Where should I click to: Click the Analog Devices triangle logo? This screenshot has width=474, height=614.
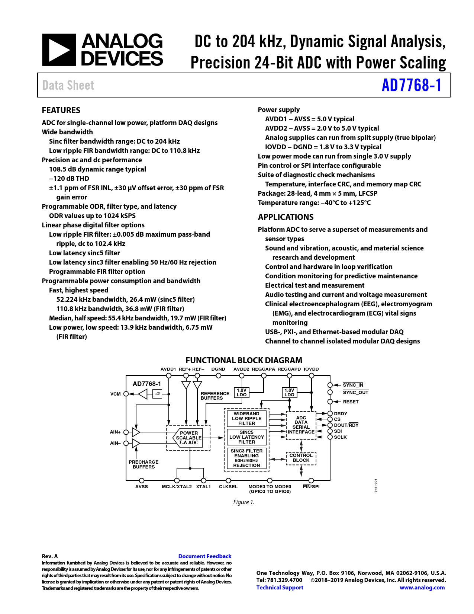[x=59, y=50]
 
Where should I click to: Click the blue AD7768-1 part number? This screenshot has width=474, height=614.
[x=411, y=85]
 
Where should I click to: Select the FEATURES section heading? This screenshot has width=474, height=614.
[x=61, y=110]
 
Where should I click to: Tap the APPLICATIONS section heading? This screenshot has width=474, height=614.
[x=286, y=217]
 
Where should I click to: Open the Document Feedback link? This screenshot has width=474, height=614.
[x=205, y=556]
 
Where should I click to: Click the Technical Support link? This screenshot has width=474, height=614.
[x=280, y=588]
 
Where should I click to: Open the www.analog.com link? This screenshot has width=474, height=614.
[x=422, y=588]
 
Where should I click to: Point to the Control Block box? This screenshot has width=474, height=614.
[x=301, y=458]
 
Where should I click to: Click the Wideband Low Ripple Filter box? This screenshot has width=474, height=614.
[x=246, y=419]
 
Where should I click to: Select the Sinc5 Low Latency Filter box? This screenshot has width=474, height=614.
[x=246, y=437]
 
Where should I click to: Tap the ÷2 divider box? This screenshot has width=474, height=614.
[x=157, y=394]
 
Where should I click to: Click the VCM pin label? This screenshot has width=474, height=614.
[x=116, y=394]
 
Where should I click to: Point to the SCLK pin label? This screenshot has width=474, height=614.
[x=340, y=437]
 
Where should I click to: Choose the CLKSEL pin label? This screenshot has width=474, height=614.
[x=228, y=487]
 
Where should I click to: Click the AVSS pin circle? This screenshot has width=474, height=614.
[x=142, y=481]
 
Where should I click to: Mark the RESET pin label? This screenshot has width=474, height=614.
[x=351, y=402]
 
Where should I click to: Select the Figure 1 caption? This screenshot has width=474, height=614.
[x=244, y=502]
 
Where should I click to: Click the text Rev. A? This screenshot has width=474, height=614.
[x=50, y=556]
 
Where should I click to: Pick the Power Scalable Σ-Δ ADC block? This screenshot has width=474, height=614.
[x=188, y=438]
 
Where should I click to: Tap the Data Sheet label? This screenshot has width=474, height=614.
[x=68, y=85]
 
